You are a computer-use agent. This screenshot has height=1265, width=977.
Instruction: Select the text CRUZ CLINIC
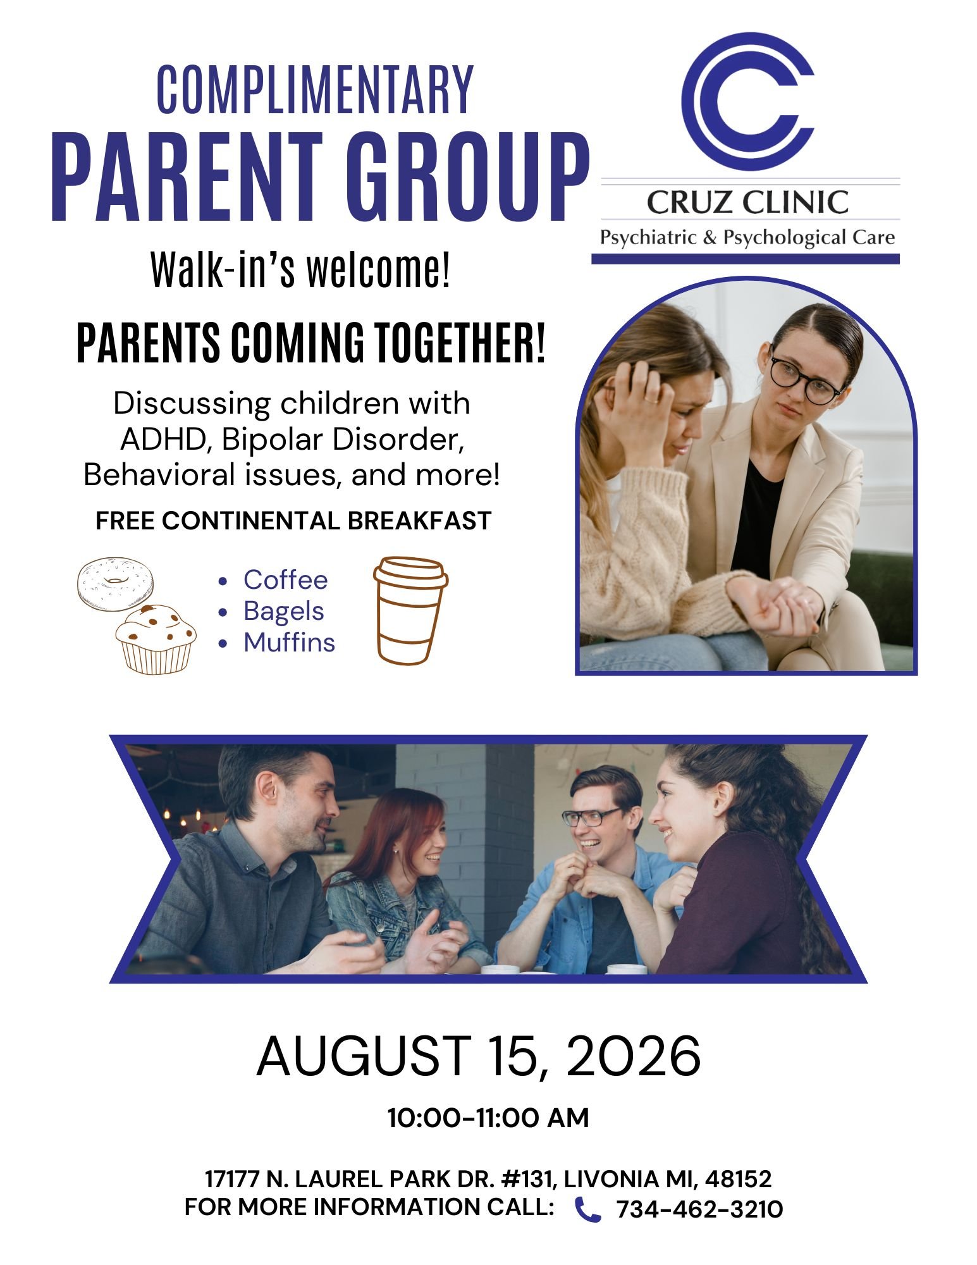(x=747, y=202)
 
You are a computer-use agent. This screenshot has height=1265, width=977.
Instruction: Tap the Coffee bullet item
(x=286, y=579)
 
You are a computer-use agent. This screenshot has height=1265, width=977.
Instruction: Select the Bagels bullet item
(x=284, y=611)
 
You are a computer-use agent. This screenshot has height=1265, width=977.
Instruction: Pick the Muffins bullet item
(x=290, y=642)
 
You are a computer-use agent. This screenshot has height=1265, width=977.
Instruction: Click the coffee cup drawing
(x=410, y=610)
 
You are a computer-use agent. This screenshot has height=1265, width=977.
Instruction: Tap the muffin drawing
(x=156, y=639)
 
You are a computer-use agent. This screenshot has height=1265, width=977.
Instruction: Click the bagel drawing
(x=115, y=584)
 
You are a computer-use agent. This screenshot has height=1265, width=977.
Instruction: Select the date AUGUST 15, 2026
(x=479, y=1056)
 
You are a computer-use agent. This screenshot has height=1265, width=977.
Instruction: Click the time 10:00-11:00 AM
(x=488, y=1118)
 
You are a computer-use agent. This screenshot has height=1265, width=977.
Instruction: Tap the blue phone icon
(x=587, y=1209)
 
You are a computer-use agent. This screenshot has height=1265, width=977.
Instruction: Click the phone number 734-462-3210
(x=699, y=1209)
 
